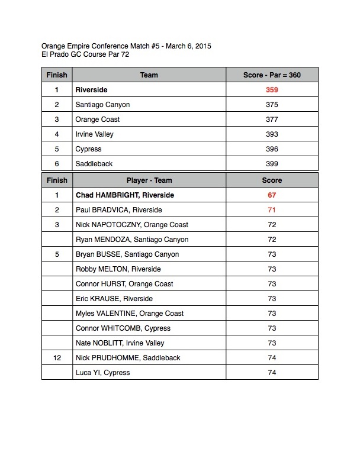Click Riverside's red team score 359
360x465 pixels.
(x=272, y=90)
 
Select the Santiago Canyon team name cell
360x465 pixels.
(x=102, y=105)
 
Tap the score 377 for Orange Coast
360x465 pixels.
(x=272, y=120)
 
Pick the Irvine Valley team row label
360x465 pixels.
(x=94, y=134)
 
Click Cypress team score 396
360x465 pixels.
(x=272, y=149)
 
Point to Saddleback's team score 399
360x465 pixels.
(x=272, y=164)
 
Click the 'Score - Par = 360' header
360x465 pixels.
(x=272, y=75)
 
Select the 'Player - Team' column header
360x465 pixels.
(x=149, y=180)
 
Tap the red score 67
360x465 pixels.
(x=272, y=195)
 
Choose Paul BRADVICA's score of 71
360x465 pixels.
(x=272, y=210)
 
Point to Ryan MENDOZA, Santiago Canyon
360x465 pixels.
(x=132, y=240)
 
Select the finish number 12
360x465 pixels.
(x=57, y=358)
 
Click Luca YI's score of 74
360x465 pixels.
(x=272, y=373)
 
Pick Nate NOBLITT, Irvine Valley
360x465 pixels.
(x=120, y=343)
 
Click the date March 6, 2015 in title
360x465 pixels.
(x=188, y=46)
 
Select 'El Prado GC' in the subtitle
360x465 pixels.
(x=62, y=54)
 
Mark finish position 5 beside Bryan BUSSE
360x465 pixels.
(x=57, y=254)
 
